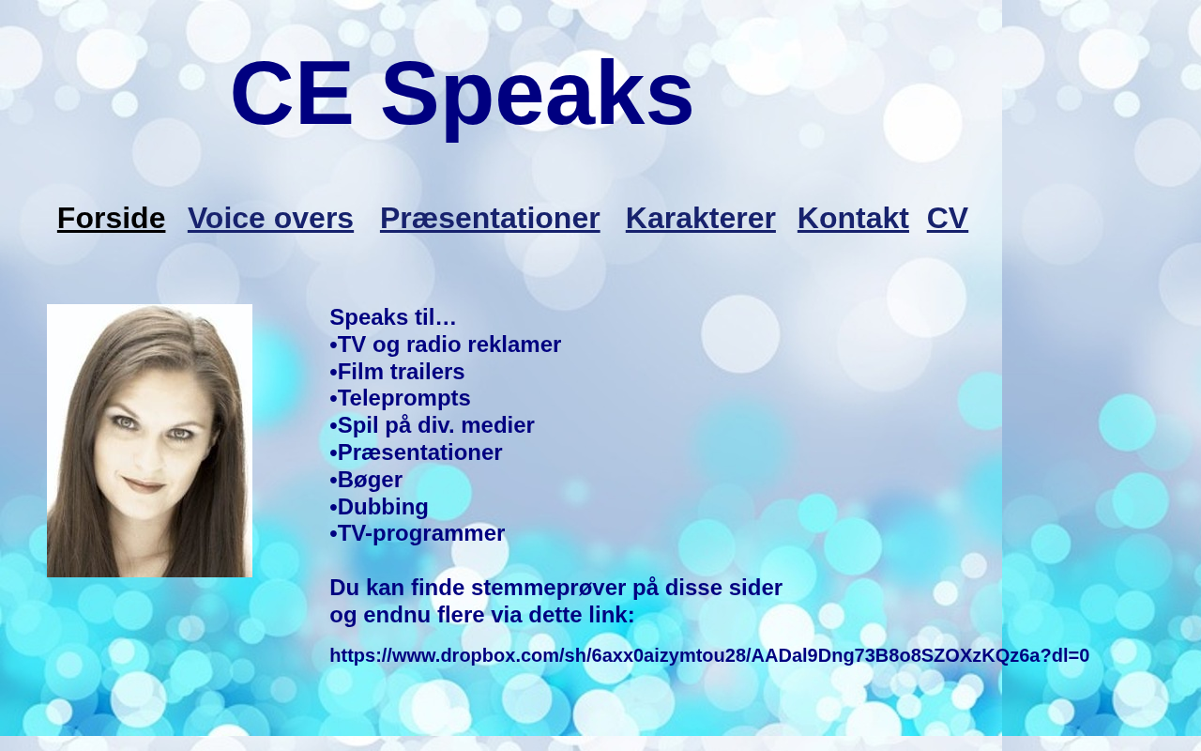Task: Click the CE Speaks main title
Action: coord(462,95)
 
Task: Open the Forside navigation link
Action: coord(111,219)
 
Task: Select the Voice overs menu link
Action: coord(270,219)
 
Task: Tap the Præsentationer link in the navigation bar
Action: coord(490,219)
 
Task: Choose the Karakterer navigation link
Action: coord(700,219)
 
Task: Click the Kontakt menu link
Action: coord(853,219)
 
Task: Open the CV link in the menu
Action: coord(948,219)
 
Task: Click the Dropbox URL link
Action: coord(709,655)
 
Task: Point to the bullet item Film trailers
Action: coord(397,372)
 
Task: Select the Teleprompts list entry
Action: coord(400,399)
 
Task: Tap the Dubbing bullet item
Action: coord(379,507)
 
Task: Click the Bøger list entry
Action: coord(366,480)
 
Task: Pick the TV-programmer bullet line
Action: coord(418,534)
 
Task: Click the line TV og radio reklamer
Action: coord(446,345)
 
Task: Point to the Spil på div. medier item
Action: coord(433,425)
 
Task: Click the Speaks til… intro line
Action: coord(393,317)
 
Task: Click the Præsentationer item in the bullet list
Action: coord(416,452)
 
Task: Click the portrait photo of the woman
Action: coord(149,441)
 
